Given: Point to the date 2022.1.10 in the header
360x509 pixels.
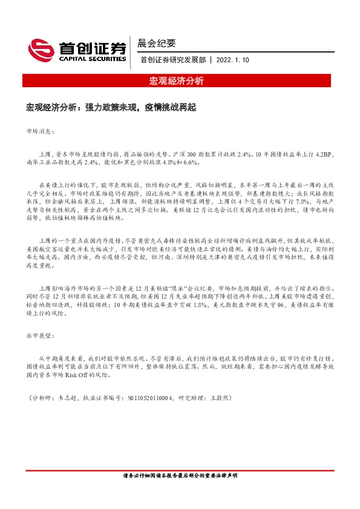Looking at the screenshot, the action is click(x=232, y=60).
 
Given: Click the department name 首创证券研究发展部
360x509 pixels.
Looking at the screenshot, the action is click(x=172, y=60).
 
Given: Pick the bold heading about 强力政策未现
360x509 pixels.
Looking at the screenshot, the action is click(x=111, y=107).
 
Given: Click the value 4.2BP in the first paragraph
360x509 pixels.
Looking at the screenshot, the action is click(x=322, y=154).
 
